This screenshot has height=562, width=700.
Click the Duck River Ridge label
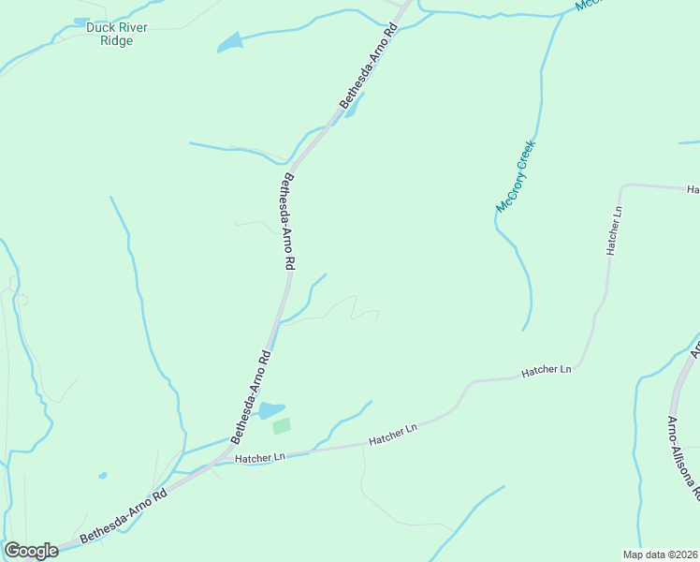click(116, 34)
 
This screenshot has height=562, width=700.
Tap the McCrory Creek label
click(514, 175)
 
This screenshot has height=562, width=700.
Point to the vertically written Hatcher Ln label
click(614, 230)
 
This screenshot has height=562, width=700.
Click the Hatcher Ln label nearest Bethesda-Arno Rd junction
click(260, 458)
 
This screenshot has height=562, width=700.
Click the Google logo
click(31, 551)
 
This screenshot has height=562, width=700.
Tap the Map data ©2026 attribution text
click(660, 555)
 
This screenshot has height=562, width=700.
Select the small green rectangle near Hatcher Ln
click(282, 426)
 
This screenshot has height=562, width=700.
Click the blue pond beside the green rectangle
click(270, 409)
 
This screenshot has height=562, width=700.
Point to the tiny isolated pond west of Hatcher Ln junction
click(102, 475)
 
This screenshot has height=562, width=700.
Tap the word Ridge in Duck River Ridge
click(116, 40)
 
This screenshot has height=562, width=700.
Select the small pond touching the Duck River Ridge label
click(82, 21)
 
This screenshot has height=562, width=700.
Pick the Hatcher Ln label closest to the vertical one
click(547, 371)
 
